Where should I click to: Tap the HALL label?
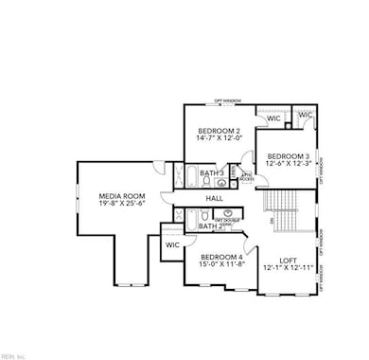point(215,199)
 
